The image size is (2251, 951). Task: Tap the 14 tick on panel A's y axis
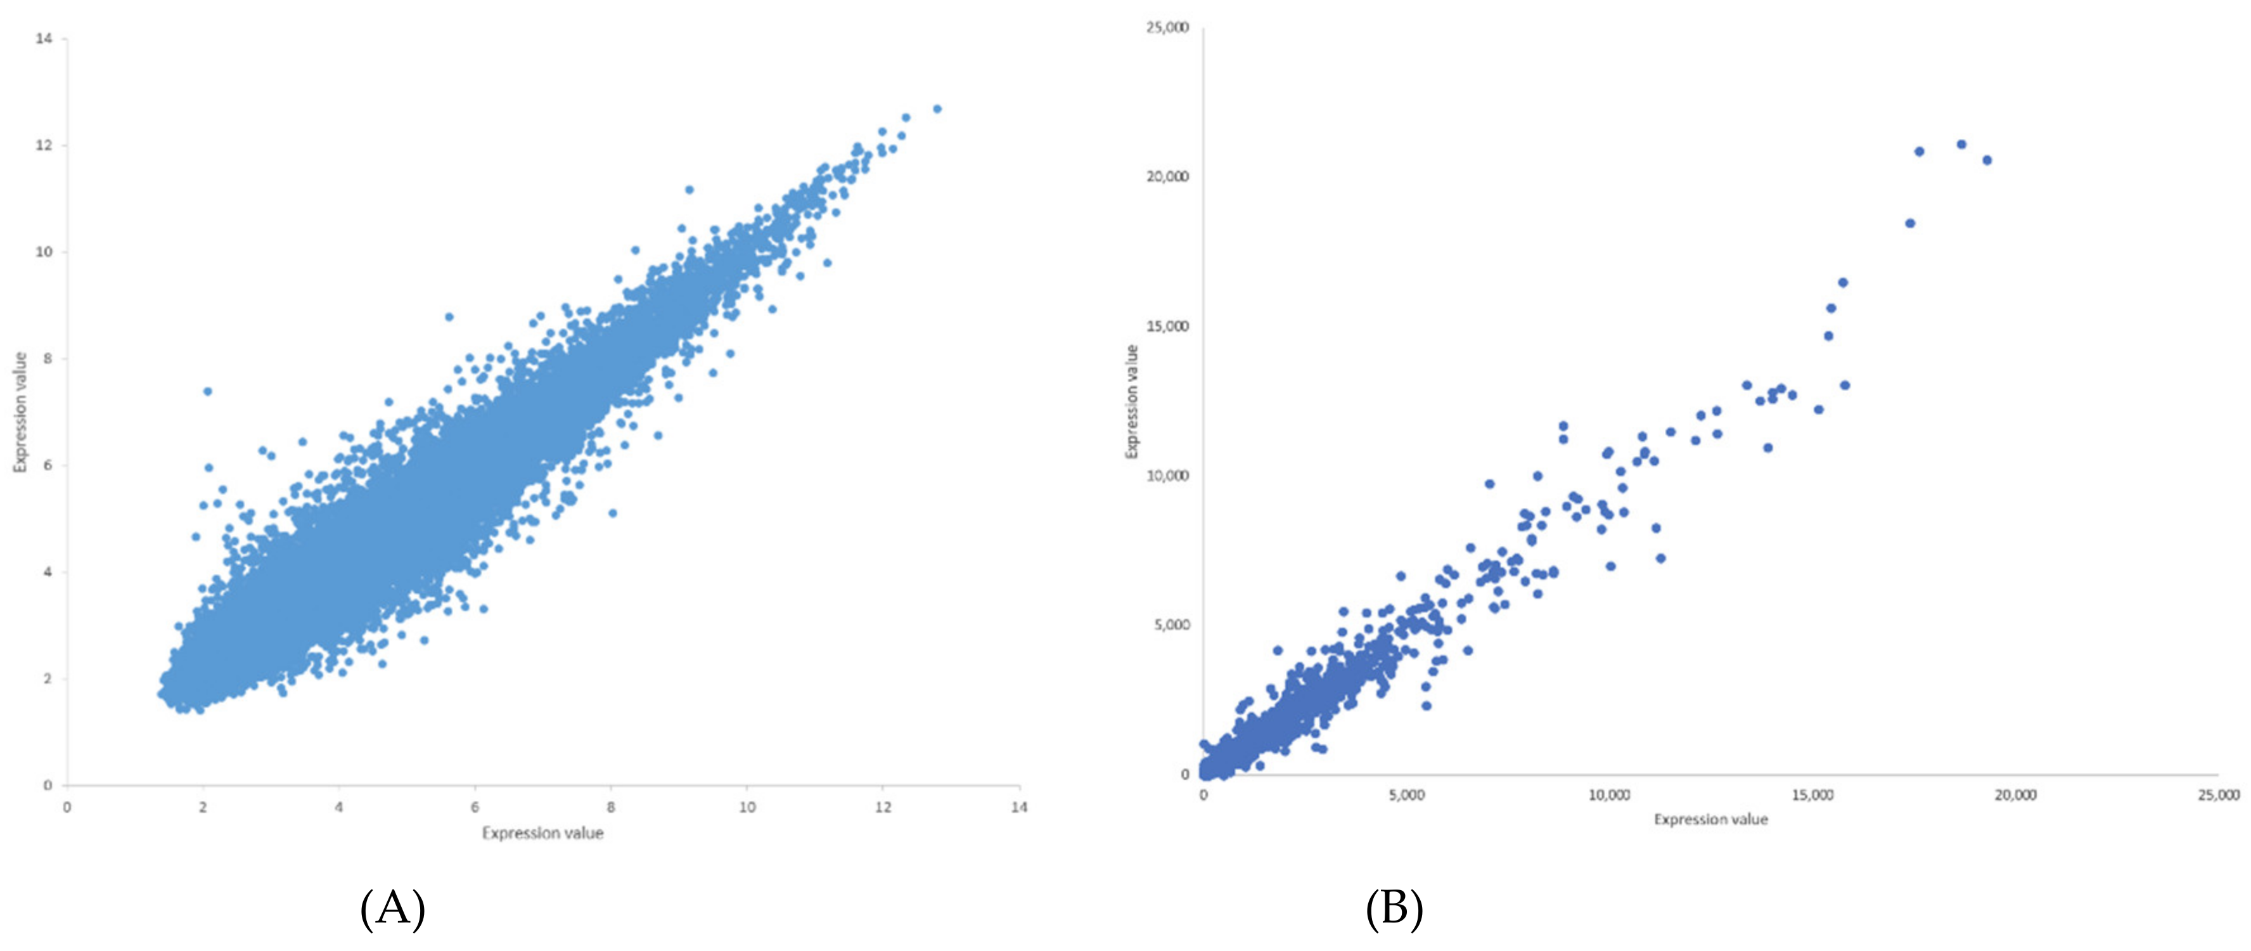point(44,39)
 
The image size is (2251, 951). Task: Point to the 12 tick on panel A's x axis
point(883,807)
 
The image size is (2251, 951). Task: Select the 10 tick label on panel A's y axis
point(44,252)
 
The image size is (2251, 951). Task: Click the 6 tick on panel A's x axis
point(475,807)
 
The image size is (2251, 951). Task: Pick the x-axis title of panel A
point(542,833)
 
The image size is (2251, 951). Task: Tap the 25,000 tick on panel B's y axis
point(1167,27)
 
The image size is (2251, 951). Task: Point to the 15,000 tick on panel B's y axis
point(1167,326)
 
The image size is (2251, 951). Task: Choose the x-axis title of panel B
point(1710,820)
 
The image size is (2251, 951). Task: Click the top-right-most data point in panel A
point(937,108)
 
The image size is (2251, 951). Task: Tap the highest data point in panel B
point(1961,144)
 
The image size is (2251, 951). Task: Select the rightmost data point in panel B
point(1986,160)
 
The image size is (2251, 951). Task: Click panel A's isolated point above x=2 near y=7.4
point(207,391)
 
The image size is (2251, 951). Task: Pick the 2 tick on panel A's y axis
point(47,678)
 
